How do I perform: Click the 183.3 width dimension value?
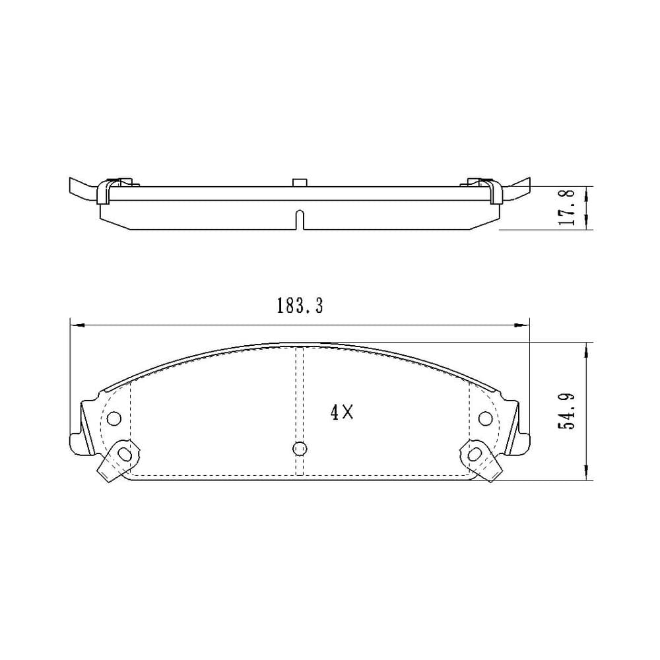coord(300,306)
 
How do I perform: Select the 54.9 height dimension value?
coord(566,411)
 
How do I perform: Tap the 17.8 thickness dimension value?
coord(566,207)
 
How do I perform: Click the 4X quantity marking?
coord(342,412)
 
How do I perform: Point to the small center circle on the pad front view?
coord(300,449)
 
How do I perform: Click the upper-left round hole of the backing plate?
coord(114,418)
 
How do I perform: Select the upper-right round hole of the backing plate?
coord(485,418)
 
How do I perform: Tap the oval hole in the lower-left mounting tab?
coord(124,454)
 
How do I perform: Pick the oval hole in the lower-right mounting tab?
coord(475,454)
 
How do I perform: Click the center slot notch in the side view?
coord(300,220)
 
